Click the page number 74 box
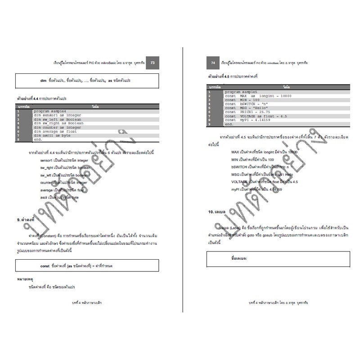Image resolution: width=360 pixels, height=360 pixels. coord(213,63)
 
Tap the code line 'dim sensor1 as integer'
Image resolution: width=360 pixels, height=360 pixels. coord(57,115)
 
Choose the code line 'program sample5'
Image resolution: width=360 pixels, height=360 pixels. coord(242,92)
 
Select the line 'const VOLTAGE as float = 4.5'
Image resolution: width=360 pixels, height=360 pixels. coord(255,116)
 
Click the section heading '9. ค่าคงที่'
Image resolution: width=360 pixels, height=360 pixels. coord(26,220)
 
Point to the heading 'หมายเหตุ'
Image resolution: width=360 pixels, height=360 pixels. coord(26,279)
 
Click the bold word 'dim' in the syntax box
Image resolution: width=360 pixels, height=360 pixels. coord(44,81)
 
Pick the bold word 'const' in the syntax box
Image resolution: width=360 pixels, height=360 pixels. coord(45,266)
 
